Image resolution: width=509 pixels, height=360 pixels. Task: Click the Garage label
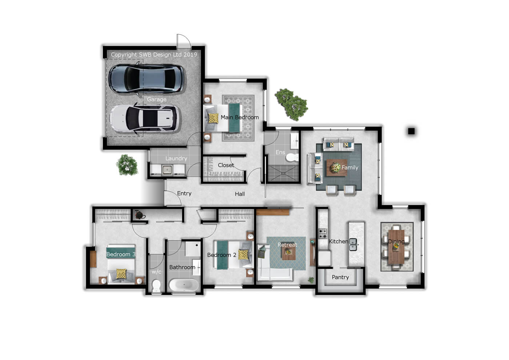[x=157, y=99]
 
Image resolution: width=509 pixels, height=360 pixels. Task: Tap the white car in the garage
[x=145, y=119]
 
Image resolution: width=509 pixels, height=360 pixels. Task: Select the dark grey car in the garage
[x=147, y=79]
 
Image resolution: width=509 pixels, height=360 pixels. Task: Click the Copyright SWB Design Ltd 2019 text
[x=154, y=55]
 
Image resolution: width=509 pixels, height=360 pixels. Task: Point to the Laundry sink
[x=168, y=170]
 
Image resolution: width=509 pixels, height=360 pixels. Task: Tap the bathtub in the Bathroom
[x=184, y=285]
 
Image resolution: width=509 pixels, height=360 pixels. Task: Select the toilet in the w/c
[x=156, y=285]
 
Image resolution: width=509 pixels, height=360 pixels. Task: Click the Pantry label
[x=340, y=277]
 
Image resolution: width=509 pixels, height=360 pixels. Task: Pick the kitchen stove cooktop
[x=323, y=233]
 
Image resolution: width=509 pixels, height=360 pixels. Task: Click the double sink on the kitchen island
[x=353, y=244]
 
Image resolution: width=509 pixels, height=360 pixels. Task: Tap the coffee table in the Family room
[x=337, y=168]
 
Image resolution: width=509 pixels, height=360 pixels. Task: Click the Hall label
[x=240, y=194]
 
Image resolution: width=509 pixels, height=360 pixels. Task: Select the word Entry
[x=184, y=193]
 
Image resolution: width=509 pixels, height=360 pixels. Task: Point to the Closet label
[x=226, y=165]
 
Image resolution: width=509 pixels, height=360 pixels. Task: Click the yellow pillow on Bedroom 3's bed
[x=121, y=273]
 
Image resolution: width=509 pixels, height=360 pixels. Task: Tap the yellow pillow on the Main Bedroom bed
[x=213, y=118]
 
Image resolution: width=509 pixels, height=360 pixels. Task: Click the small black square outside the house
[x=411, y=131]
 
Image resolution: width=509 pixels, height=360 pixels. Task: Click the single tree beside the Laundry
[x=127, y=165]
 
